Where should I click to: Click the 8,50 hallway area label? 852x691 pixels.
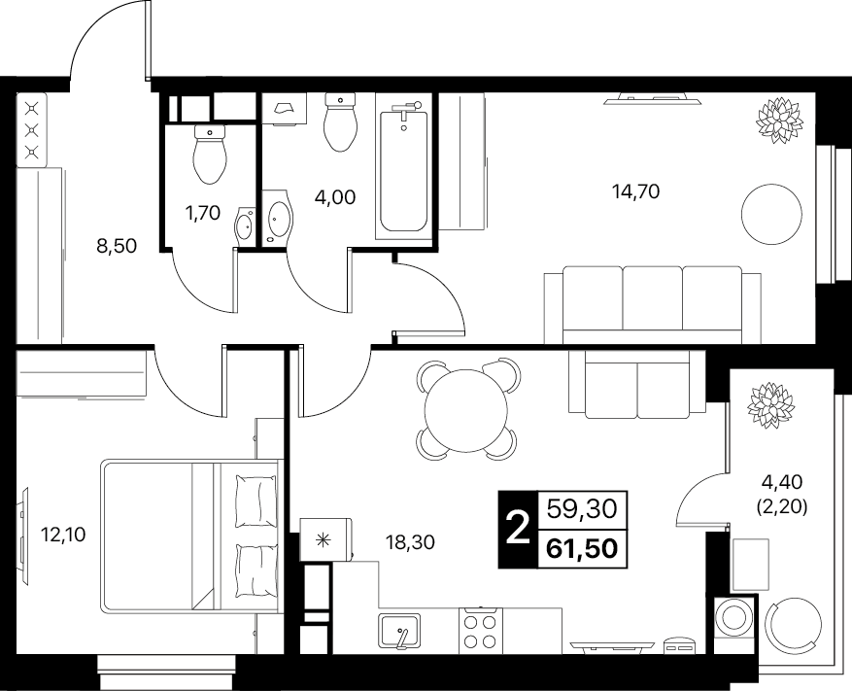click(117, 247)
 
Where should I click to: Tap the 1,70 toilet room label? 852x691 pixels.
click(203, 214)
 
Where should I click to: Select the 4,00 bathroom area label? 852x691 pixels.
click(335, 197)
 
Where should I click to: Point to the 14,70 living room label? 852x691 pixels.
click(635, 191)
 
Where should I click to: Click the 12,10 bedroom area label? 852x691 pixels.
click(63, 535)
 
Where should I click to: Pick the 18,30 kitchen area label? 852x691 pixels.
click(411, 542)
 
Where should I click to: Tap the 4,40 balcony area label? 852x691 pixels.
click(782, 481)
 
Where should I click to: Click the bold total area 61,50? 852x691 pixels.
click(583, 548)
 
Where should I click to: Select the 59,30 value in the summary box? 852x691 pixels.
click(583, 509)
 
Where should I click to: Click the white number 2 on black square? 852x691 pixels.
click(518, 530)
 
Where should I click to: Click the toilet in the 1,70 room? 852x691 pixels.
click(209, 154)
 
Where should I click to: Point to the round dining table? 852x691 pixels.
click(465, 410)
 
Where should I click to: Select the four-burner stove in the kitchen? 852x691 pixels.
click(481, 631)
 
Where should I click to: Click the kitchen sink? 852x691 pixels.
click(400, 631)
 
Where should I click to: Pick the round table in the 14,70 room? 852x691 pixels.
click(772, 214)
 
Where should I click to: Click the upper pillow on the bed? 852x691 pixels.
click(256, 501)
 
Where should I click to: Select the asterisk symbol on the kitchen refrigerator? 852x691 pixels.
click(324, 539)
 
